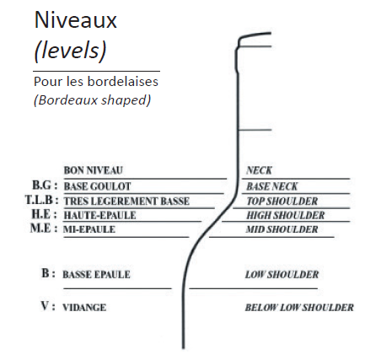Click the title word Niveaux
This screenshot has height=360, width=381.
point(75,20)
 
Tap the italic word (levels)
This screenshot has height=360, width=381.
point(70,51)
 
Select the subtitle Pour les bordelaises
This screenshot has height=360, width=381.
point(96,82)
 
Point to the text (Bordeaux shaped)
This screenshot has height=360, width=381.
point(92,100)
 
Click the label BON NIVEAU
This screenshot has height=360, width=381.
point(94,170)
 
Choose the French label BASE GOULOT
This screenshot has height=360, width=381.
point(97,186)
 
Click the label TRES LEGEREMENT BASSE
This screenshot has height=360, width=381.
point(126,201)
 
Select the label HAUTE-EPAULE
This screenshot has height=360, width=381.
point(99,215)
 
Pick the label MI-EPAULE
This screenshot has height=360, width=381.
point(89,229)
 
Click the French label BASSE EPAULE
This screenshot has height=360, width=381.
point(96,275)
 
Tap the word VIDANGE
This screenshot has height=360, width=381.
point(84,308)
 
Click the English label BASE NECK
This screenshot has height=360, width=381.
point(272,186)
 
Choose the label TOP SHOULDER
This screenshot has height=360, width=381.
point(282,201)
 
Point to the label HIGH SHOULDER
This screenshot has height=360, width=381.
point(286,215)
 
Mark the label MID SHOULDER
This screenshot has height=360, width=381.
point(282,229)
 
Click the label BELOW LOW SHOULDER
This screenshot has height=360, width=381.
point(299,308)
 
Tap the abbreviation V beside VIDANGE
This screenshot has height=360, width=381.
point(45,306)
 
